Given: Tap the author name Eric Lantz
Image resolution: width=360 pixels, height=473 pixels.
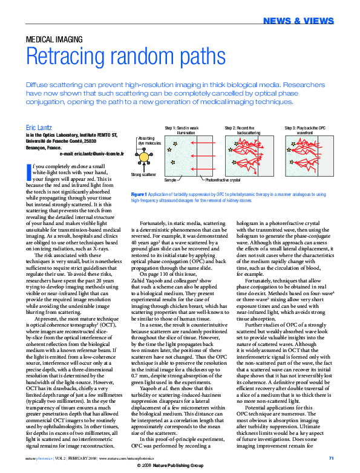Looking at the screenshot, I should [39, 128].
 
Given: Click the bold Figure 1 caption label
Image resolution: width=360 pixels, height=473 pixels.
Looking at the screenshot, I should [140, 195].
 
